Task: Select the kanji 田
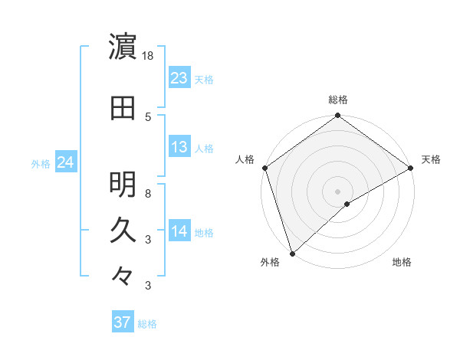click(123, 108)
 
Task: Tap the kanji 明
click(123, 184)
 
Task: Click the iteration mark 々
click(123, 276)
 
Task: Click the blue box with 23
click(179, 78)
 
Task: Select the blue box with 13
click(179, 147)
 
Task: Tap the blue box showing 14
click(179, 231)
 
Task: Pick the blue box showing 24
click(65, 162)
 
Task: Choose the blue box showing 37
click(123, 322)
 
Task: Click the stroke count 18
click(149, 56)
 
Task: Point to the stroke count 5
click(148, 116)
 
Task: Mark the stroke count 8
click(148, 193)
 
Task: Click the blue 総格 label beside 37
click(147, 324)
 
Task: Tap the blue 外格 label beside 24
click(40, 164)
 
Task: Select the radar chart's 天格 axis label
click(431, 159)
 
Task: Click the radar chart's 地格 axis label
click(402, 262)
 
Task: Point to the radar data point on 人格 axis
click(264, 167)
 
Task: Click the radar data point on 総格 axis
click(337, 116)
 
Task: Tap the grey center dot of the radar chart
click(337, 191)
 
